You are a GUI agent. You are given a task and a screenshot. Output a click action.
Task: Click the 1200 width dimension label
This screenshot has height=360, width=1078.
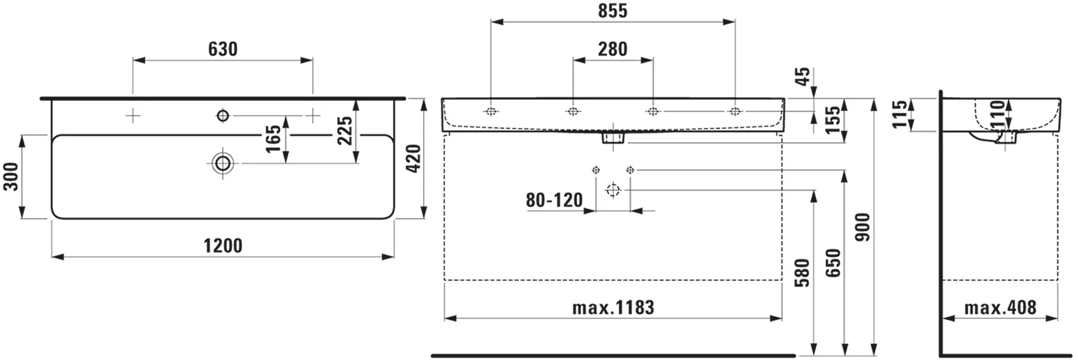tap(223, 245)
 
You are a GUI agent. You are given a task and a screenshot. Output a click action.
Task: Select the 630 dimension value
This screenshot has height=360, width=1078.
tap(223, 49)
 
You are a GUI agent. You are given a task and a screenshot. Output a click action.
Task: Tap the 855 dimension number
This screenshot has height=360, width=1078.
tap(612, 11)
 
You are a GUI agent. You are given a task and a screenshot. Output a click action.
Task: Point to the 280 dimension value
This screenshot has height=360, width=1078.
tap(612, 49)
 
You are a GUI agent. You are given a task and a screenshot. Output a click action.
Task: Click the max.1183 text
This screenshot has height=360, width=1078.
tap(613, 308)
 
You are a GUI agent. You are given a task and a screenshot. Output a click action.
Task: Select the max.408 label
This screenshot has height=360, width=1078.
tap(1000, 308)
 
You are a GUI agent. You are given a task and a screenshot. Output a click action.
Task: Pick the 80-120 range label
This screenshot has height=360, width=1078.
tap(554, 200)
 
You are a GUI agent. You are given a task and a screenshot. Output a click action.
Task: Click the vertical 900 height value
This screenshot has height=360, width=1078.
tap(862, 227)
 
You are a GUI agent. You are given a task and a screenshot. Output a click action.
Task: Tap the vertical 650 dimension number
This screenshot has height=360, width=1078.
tap(833, 263)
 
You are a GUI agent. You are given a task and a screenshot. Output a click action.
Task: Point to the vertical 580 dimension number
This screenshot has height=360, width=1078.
tap(802, 273)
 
